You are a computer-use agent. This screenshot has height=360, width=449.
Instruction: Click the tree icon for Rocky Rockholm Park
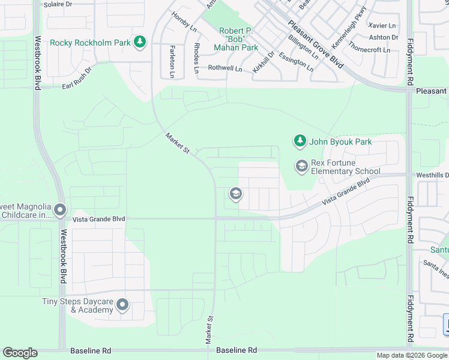tap(140, 42)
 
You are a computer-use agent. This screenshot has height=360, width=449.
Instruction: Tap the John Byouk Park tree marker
tap(300, 142)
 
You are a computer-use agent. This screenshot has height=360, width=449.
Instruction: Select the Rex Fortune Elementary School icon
tap(301, 166)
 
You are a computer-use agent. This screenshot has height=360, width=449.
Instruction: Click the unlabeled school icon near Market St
tap(235, 194)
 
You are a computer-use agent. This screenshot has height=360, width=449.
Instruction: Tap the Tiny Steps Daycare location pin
tap(122, 305)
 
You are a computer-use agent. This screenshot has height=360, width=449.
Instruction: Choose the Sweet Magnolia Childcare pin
tap(60, 210)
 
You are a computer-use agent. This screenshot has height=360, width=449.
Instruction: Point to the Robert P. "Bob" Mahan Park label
tap(238, 39)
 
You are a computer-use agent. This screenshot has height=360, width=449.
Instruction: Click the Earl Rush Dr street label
tap(77, 79)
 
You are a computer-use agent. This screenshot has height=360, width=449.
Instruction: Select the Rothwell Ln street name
tap(224, 68)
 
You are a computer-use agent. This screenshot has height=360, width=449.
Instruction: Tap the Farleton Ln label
tap(172, 61)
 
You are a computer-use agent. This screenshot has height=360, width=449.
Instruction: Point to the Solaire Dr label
tap(58, 4)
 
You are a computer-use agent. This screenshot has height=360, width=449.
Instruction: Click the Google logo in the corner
tap(20, 353)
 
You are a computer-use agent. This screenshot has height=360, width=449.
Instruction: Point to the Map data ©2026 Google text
tap(411, 355)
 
